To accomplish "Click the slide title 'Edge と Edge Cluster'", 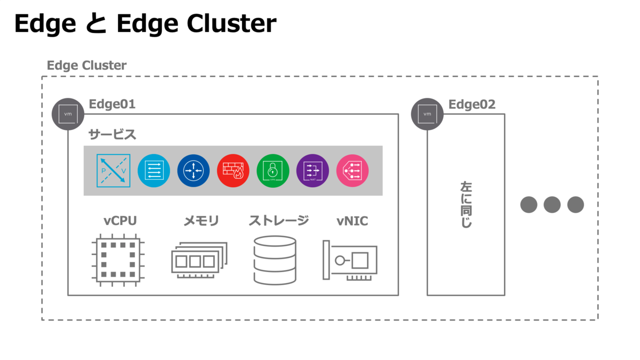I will (145, 24).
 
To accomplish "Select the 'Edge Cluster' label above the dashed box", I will (86, 66).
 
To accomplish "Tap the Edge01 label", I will (111, 104).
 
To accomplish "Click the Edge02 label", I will (471, 104).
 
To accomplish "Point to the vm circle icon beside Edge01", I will (68, 114).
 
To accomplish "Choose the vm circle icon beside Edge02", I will (427, 114).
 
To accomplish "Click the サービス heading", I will (112, 134).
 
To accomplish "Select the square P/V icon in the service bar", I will (114, 171).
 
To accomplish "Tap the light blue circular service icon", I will (154, 171).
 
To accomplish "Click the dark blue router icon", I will (193, 171).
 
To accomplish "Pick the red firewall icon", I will (233, 171).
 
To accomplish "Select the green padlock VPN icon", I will (273, 171).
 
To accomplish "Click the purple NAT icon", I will (312, 171).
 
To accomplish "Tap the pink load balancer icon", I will (352, 171).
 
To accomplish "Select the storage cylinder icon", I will (275, 260).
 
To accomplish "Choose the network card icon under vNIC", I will (350, 261).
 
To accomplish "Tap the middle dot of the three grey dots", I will (552, 205).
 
